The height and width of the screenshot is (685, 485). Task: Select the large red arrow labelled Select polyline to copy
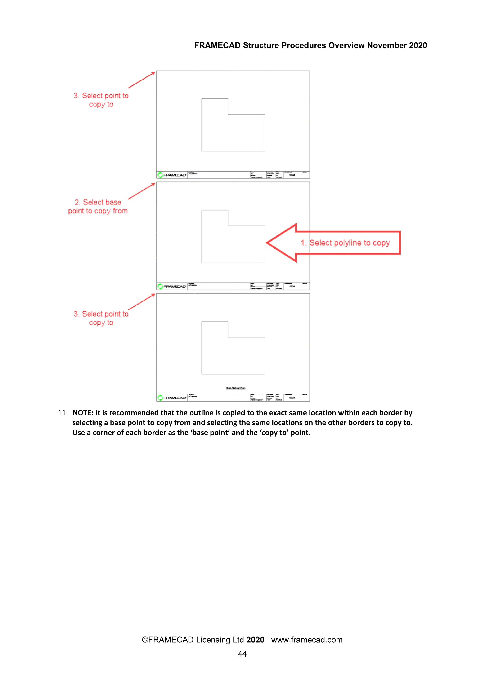pyautogui.click(x=333, y=243)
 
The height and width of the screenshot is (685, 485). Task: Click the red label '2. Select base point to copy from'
pyautogui.click(x=98, y=207)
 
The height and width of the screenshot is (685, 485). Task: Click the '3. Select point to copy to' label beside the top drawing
pyautogui.click(x=101, y=100)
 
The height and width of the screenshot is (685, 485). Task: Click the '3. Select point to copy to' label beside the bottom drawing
pyautogui.click(x=101, y=318)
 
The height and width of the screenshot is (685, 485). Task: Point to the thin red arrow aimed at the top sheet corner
pyautogui.click(x=142, y=80)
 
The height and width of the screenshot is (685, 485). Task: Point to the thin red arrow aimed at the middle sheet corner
pyautogui.click(x=142, y=191)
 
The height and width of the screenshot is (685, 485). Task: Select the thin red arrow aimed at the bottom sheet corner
pyautogui.click(x=142, y=302)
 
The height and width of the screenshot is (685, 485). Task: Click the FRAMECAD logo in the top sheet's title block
pyautogui.click(x=172, y=175)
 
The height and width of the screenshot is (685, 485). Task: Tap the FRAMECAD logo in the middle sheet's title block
pyautogui.click(x=172, y=286)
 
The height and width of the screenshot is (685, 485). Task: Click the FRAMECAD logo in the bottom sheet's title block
pyautogui.click(x=172, y=398)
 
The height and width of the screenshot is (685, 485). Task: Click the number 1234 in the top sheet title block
pyautogui.click(x=292, y=175)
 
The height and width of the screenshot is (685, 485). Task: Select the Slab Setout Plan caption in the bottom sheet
pyautogui.click(x=236, y=388)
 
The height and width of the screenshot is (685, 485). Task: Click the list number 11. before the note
pyautogui.click(x=63, y=413)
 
